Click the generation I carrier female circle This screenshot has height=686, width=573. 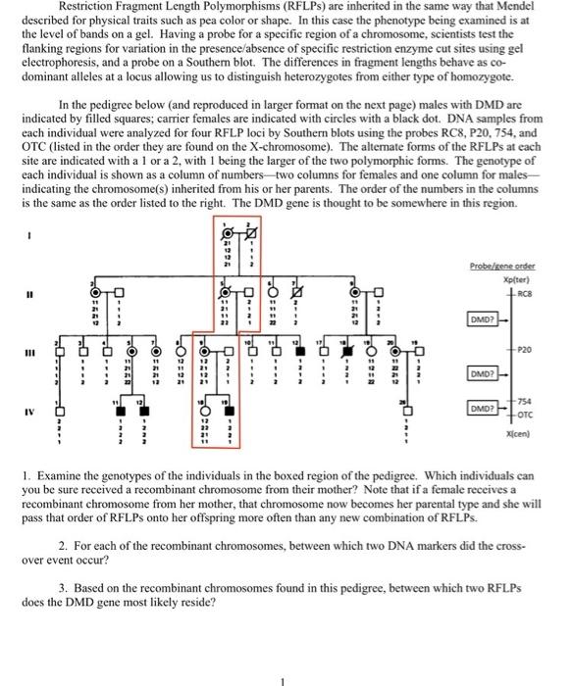(225, 233)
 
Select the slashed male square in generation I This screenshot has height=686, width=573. (250, 233)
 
